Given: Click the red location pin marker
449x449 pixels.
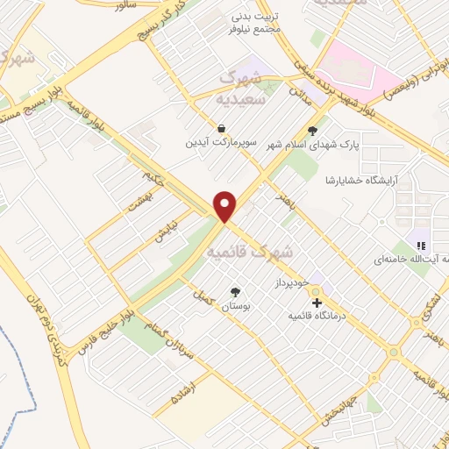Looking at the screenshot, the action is coord(225,205).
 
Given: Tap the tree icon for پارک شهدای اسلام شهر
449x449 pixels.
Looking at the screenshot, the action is coord(313,130).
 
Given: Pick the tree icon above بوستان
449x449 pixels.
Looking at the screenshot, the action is coord(235,292).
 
